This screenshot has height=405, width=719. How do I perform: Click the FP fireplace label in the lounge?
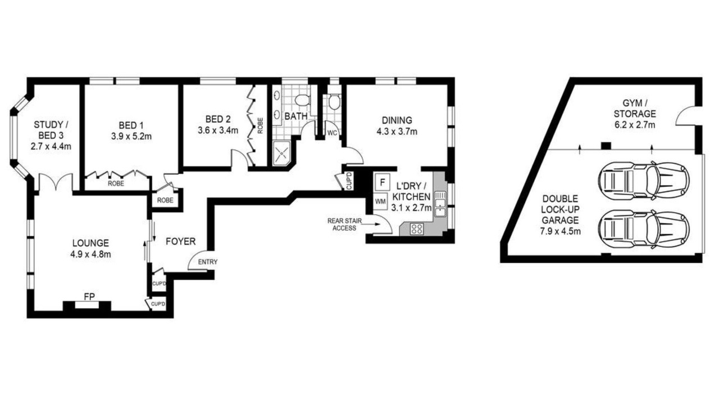pos(89,296)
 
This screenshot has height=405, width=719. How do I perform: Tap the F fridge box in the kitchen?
pos(382,182)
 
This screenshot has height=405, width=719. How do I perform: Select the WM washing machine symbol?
pos(380,201)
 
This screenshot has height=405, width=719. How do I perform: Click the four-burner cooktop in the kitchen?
pos(417,229)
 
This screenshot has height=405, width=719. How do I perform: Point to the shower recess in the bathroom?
pos(281,154)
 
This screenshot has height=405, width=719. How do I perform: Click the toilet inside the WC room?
pos(334,102)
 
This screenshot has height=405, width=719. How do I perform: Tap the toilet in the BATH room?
pos(302,100)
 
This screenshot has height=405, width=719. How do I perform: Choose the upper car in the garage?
pos(644,181)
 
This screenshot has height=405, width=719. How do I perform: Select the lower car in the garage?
pos(644,229)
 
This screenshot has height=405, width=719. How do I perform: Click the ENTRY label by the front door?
pos(208,262)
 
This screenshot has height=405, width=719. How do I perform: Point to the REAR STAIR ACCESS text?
pos(344,224)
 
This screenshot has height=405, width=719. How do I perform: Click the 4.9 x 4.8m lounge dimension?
pos(90,254)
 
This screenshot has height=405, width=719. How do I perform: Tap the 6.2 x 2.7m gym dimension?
pos(635,125)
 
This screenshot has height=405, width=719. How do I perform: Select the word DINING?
pos(397,120)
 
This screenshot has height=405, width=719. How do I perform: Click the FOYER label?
pos(180,241)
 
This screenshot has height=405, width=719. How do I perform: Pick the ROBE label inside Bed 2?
pos(260,125)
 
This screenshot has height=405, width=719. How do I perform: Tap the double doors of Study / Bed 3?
pos(56,182)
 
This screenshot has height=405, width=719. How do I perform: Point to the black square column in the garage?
pos(606,146)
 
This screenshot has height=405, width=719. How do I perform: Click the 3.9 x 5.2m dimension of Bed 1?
pos(131,136)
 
